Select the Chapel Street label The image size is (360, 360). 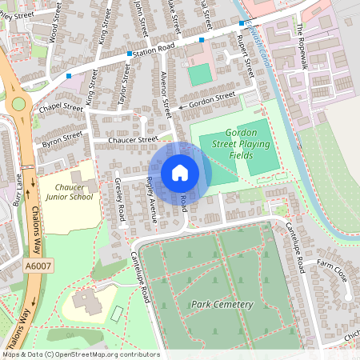tap(62, 106)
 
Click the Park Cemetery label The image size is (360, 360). tap(222, 305)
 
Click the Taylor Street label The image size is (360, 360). tap(124, 78)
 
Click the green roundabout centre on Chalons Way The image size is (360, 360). tap(18, 103)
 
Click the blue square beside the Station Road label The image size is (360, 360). tap(130, 54)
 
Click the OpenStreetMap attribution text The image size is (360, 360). tap(80, 354)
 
